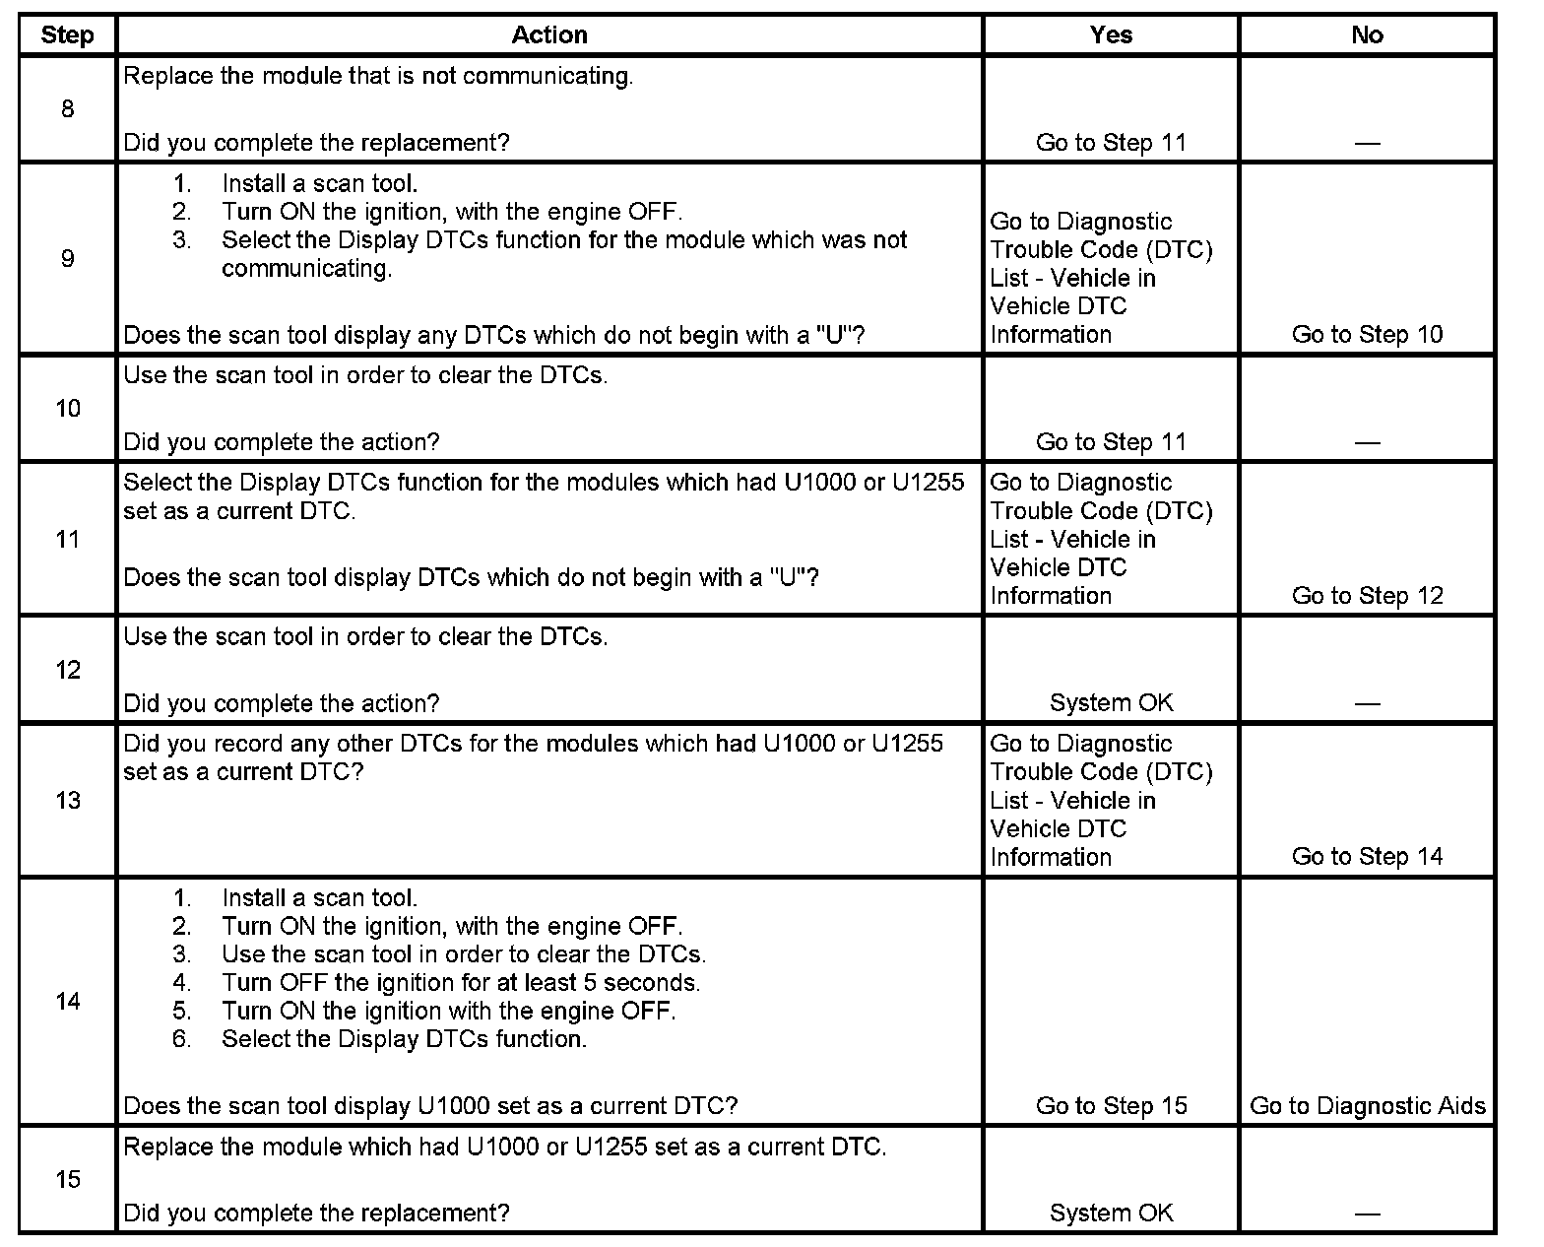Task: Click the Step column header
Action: (x=67, y=35)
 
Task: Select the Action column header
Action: (x=549, y=35)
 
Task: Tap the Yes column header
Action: (x=1111, y=35)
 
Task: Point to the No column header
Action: (x=1367, y=35)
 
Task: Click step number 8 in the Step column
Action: (x=67, y=109)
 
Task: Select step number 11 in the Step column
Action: (x=67, y=539)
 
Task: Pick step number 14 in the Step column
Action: (x=67, y=1002)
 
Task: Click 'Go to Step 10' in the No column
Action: (x=1367, y=335)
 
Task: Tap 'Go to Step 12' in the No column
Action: (x=1367, y=596)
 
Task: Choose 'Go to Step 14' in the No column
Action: (x=1367, y=857)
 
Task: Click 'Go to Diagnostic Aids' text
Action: (x=1367, y=1106)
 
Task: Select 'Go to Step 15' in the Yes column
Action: (x=1111, y=1106)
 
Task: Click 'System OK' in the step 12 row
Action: (x=1111, y=703)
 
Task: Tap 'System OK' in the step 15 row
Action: (x=1111, y=1214)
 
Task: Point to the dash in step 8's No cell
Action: (x=1367, y=144)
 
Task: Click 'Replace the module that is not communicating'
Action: (x=378, y=77)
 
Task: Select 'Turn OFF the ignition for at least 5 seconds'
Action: (x=461, y=983)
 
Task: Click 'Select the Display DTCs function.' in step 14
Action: (x=404, y=1039)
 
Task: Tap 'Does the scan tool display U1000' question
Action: (x=430, y=1106)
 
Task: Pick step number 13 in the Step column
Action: (x=67, y=800)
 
